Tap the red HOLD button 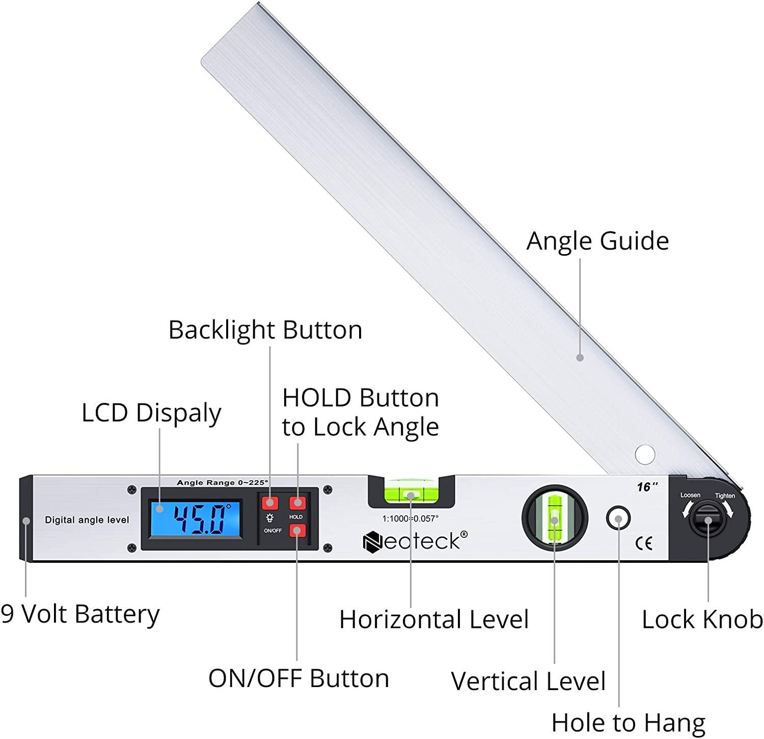point(297,503)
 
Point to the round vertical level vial point(555,518)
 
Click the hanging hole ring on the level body point(618,519)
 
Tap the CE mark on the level point(644,543)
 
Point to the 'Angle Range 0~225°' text point(223,482)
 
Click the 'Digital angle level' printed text point(87,520)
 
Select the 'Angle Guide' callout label point(597,241)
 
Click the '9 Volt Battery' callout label point(80,614)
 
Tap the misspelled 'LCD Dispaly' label point(151,413)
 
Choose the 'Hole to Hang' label point(628,722)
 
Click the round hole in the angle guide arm point(645,454)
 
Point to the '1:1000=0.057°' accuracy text point(411,518)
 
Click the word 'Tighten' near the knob point(725,496)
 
